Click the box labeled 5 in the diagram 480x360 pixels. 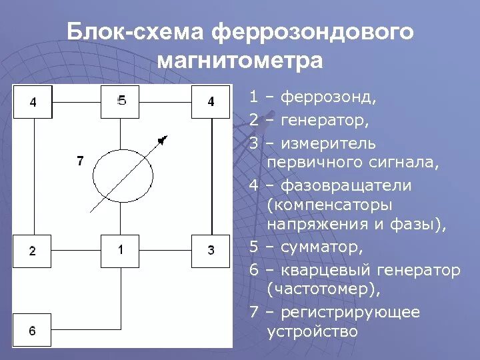click(x=121, y=101)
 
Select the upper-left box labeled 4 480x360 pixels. click(x=33, y=102)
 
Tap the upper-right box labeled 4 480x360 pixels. click(x=211, y=102)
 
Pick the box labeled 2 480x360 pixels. click(x=33, y=251)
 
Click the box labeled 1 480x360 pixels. click(x=121, y=251)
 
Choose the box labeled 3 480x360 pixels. click(x=211, y=251)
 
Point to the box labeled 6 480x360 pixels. click(x=33, y=330)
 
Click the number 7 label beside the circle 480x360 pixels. click(x=80, y=161)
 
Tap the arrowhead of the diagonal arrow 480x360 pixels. click(x=162, y=139)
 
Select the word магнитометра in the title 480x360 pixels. click(x=240, y=61)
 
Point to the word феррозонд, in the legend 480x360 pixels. click(x=329, y=97)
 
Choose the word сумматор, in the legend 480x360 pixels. click(x=322, y=248)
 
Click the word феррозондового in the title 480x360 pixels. click(x=313, y=32)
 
